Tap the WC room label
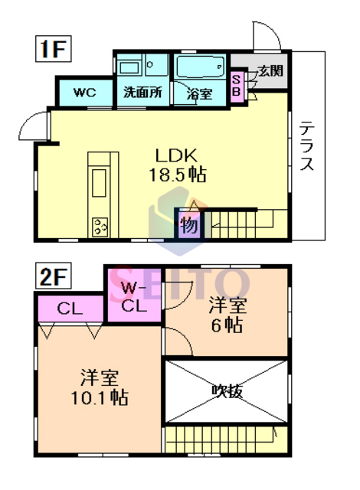pos(83,93)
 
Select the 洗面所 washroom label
pos(142,93)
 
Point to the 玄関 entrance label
pos(269,70)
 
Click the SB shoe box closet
pos(237,87)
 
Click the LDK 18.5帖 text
pos(177,163)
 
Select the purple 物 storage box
pos(188,225)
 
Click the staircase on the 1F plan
pos(245,224)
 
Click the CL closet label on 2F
pos(69,309)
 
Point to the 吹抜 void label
pos(227,391)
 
